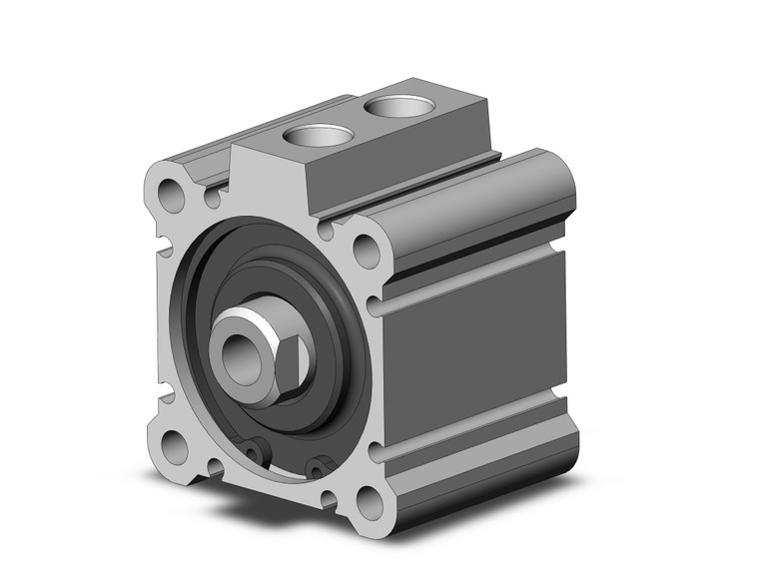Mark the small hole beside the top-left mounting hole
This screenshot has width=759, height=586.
(x=212, y=199)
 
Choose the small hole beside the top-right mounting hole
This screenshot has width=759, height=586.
(x=325, y=231)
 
